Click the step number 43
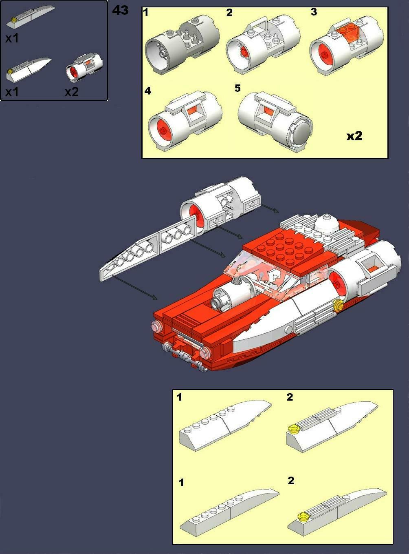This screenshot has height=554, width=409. click(x=120, y=10)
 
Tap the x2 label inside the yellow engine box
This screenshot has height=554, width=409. click(x=354, y=136)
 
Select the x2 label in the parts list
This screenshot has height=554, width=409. click(x=71, y=92)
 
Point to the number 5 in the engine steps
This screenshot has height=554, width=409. click(x=237, y=88)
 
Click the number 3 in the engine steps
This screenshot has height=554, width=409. click(x=313, y=12)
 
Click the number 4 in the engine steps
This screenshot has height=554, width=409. click(x=147, y=91)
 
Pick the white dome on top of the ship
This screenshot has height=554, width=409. click(x=325, y=224)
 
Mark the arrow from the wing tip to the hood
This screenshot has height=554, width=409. click(x=134, y=288)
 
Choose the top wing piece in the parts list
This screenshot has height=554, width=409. click(x=31, y=16)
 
